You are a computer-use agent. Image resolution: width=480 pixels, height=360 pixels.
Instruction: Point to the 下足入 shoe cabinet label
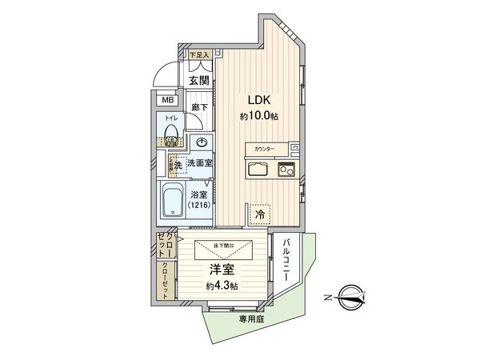(x=198, y=55)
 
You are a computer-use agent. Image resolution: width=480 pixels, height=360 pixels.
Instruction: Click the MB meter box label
(x=166, y=100)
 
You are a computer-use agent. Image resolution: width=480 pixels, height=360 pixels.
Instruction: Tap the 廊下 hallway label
(x=200, y=108)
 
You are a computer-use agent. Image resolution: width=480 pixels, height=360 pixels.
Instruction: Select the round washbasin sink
(x=202, y=143)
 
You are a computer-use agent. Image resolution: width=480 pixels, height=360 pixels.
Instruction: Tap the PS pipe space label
(x=294, y=149)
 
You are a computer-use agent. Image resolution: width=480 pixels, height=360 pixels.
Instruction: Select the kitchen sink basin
(x=258, y=170)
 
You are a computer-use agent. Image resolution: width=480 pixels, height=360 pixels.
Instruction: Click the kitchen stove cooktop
(x=286, y=170)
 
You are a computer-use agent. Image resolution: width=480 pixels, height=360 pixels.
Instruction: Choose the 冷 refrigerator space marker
(x=259, y=214)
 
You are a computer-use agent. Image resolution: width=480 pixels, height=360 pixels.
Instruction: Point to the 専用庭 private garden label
(x=251, y=318)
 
